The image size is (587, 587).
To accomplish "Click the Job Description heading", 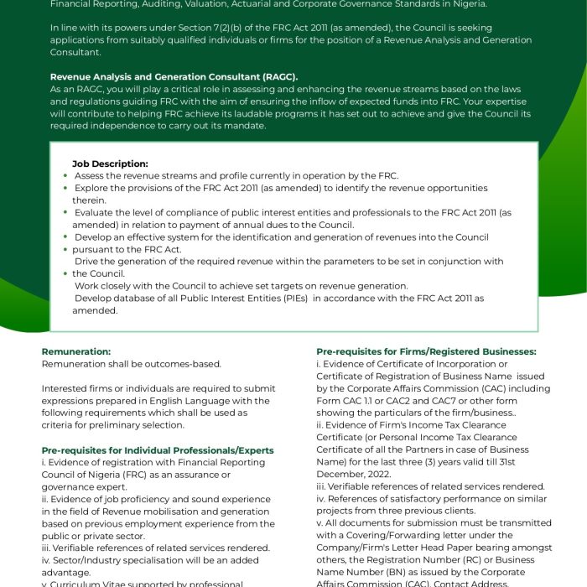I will (x=110, y=164).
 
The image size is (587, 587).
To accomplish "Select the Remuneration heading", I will (x=76, y=351).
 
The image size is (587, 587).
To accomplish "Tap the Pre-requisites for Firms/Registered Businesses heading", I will (x=426, y=351).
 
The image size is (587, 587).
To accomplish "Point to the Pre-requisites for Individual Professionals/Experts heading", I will (x=158, y=450).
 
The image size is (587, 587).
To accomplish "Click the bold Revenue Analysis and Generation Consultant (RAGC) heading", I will (x=174, y=76).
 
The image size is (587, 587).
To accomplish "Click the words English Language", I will (x=189, y=401).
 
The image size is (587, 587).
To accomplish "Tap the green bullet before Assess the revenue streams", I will (x=65, y=176).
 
